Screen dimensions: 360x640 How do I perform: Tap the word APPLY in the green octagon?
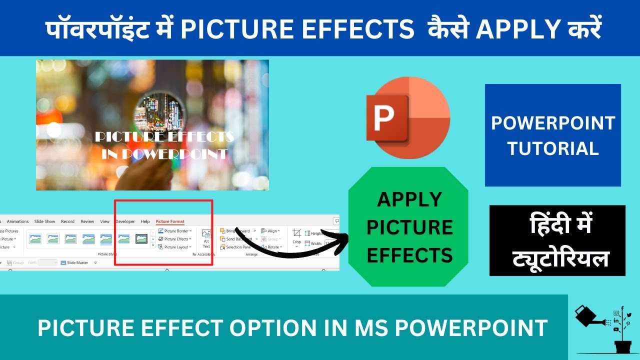click(x=409, y=199)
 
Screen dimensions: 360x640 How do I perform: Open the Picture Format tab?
click(x=170, y=221)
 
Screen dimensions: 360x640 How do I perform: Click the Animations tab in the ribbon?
click(x=18, y=221)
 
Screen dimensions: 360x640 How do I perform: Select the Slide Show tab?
click(x=44, y=221)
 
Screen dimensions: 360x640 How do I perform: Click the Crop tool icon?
click(x=297, y=234)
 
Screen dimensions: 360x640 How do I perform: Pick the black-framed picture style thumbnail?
click(x=142, y=239)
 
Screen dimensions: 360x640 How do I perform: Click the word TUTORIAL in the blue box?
click(x=553, y=148)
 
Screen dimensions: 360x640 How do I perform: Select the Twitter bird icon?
click(x=629, y=315)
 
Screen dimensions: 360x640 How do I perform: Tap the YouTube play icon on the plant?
click(x=615, y=329)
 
